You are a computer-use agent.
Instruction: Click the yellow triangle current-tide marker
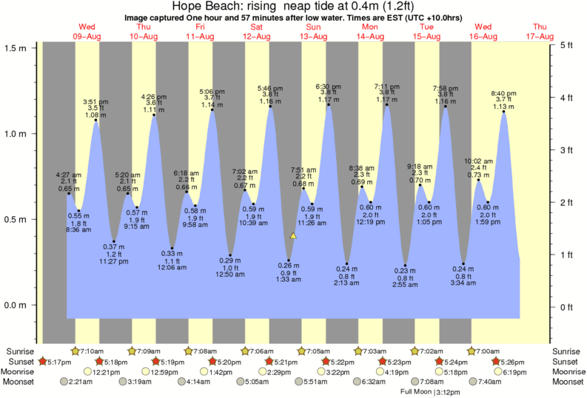(x=293, y=236)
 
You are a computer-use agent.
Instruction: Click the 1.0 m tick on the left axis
(x=16, y=134)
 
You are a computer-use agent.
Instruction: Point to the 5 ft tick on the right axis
(x=566, y=45)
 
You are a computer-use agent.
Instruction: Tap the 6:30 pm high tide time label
(x=328, y=86)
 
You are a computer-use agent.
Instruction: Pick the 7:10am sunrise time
(x=93, y=350)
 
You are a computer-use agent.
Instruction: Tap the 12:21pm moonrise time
(x=107, y=371)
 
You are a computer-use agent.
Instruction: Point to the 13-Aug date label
(x=315, y=36)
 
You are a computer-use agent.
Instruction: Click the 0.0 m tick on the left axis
(x=16, y=305)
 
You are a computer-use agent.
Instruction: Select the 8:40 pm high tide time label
(x=504, y=92)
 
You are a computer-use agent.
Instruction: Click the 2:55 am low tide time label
(x=406, y=285)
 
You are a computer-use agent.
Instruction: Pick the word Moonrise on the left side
(x=21, y=371)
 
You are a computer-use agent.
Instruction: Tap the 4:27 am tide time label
(x=69, y=175)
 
